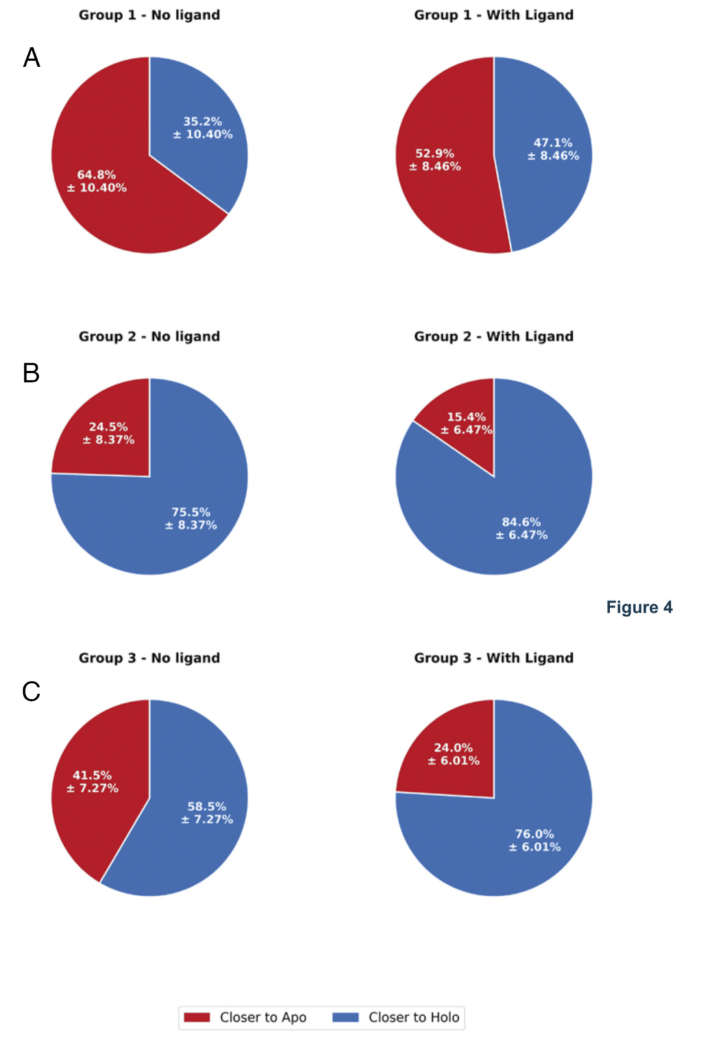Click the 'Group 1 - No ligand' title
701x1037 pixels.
point(149,15)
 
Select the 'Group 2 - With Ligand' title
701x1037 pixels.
point(493,336)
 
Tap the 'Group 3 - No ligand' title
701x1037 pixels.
point(149,657)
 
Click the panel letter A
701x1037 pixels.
point(31,58)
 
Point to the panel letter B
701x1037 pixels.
point(31,373)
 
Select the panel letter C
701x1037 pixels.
point(31,692)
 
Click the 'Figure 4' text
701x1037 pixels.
point(639,607)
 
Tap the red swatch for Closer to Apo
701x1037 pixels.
point(197,1017)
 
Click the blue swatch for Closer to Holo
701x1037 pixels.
point(345,1017)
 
